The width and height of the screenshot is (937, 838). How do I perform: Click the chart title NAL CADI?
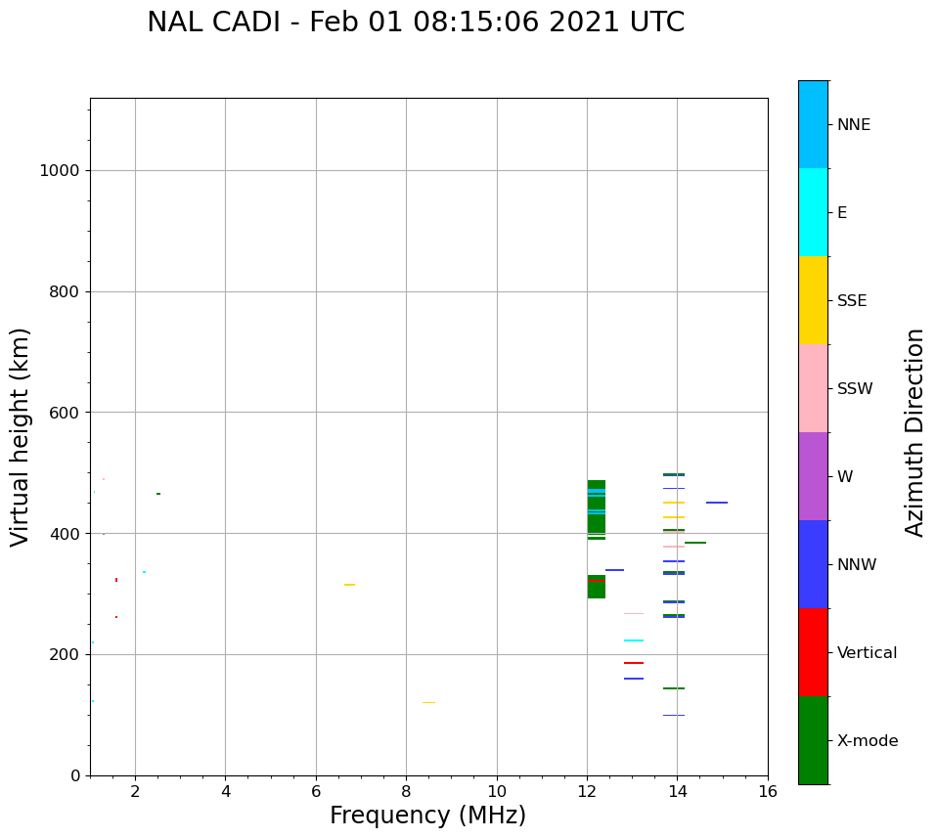(213, 22)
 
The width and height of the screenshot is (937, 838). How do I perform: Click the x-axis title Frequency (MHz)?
(427, 816)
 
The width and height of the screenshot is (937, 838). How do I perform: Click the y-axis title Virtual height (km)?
(20, 437)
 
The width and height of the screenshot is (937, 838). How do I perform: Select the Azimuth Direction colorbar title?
(914, 433)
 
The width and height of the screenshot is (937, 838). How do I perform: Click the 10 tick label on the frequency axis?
(497, 791)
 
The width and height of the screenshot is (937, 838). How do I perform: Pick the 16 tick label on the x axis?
(768, 791)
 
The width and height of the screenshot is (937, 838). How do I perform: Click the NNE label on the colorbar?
(853, 125)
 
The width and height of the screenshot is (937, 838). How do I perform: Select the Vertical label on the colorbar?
(867, 653)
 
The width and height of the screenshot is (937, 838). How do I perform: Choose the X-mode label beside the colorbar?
(868, 740)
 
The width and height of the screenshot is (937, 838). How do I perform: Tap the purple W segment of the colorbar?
(814, 476)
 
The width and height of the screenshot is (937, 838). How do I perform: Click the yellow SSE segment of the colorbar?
(814, 300)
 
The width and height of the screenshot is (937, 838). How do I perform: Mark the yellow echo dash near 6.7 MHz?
(349, 585)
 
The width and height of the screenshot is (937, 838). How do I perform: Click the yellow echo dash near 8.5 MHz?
(428, 702)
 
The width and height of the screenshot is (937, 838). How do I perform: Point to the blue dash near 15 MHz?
(717, 503)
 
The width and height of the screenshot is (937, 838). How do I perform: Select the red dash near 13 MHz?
(634, 662)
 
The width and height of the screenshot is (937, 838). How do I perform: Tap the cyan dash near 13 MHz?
(634, 640)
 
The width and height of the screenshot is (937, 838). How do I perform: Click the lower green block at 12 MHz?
(597, 587)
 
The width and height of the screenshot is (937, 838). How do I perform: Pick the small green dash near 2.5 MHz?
(158, 494)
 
